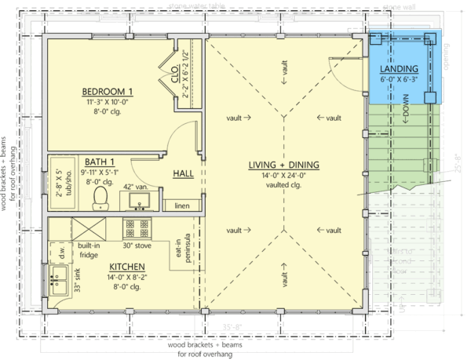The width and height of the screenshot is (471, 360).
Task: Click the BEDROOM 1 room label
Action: click(x=109, y=89)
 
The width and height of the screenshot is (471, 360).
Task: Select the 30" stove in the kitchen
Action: click(x=136, y=230)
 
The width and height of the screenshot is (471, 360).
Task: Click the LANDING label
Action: click(x=399, y=70)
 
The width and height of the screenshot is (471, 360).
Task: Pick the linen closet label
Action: click(x=182, y=205)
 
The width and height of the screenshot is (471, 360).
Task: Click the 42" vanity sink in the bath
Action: click(x=141, y=201)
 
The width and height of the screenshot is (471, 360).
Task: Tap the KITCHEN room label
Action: click(x=126, y=267)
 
